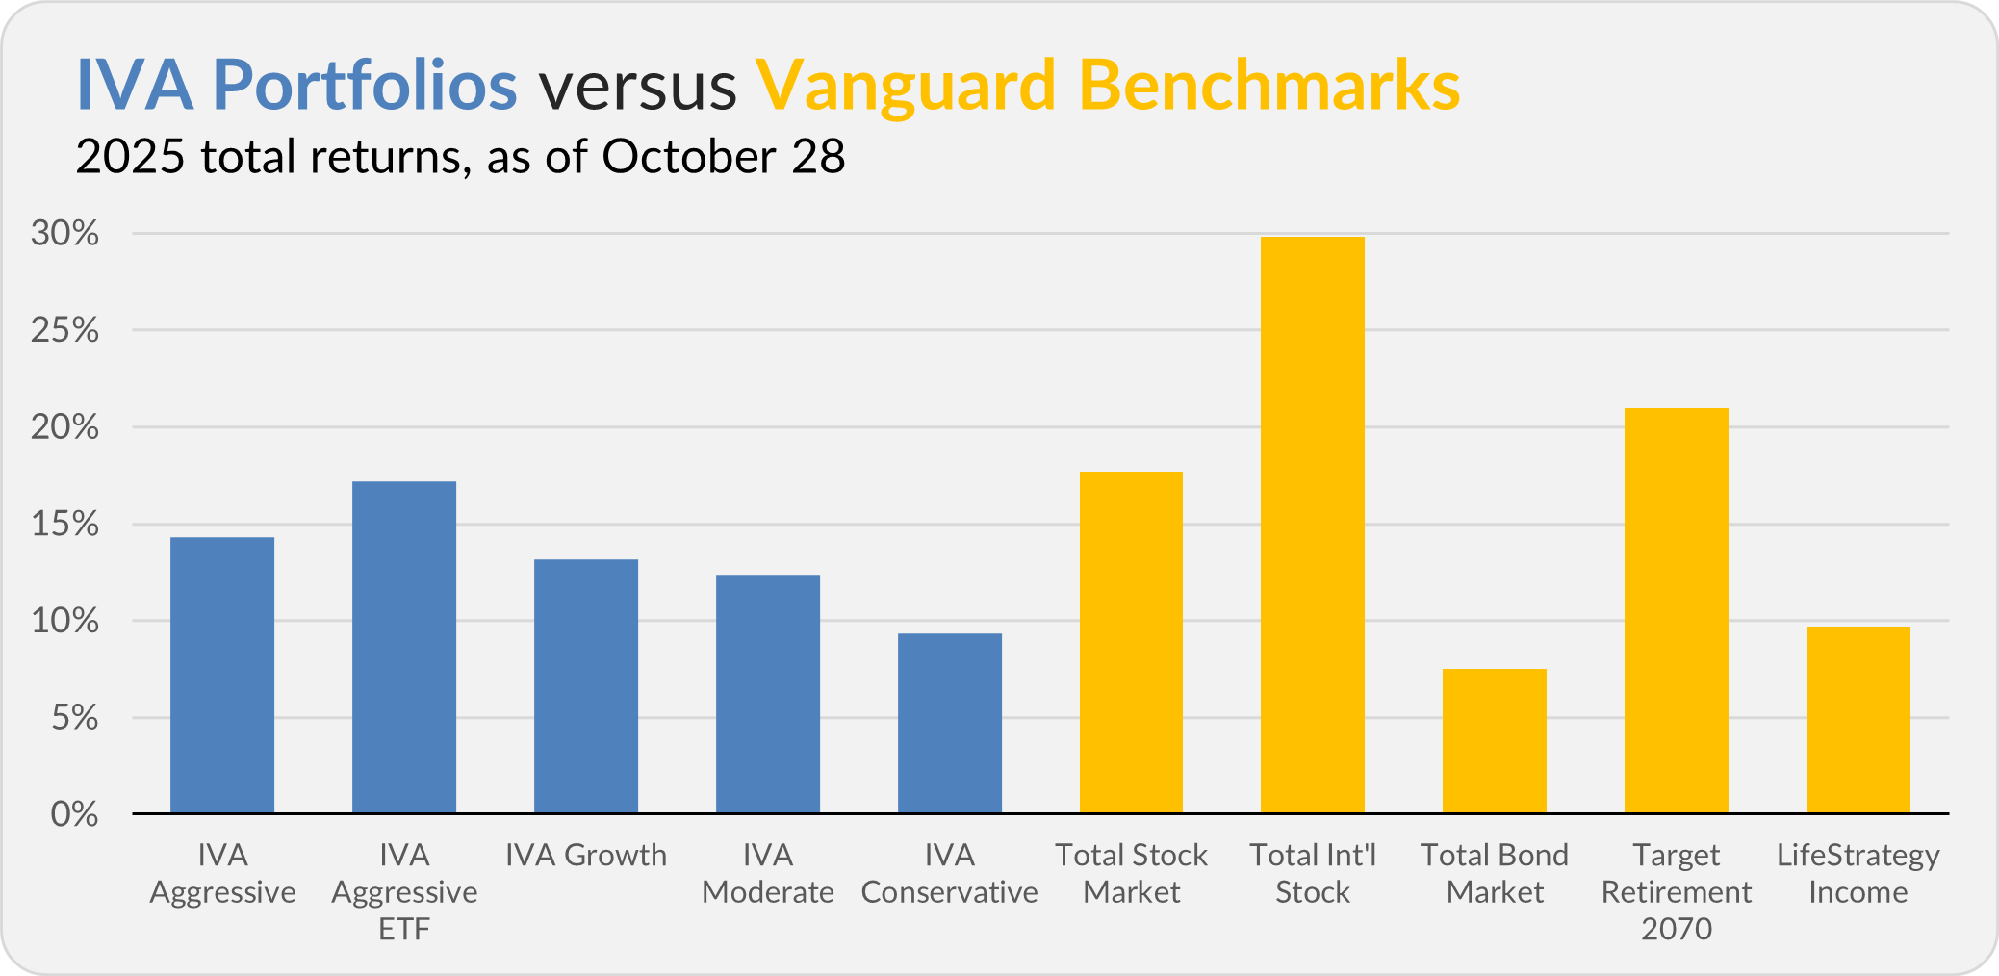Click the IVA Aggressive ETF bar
coord(404,647)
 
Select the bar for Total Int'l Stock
coord(1313,525)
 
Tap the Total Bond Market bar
coord(1495,741)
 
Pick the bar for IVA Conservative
coord(950,723)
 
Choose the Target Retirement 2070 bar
coord(1677,610)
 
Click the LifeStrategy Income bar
coord(1858,720)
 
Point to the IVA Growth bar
coord(586,686)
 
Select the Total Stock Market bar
coord(1131,642)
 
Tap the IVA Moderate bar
coord(768,694)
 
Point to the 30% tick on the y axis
coord(65,233)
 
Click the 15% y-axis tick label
coord(65,524)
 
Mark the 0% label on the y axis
coord(74,814)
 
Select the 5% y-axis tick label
coord(74,717)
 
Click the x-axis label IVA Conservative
coord(950,873)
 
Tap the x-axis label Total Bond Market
coord(1495,873)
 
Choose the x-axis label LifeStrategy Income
coord(1858,873)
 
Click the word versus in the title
coord(637,85)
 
